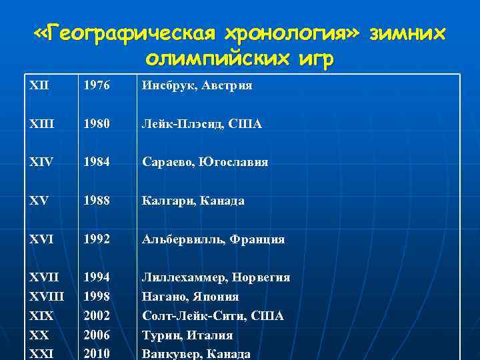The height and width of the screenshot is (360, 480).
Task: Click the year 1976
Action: (x=96, y=86)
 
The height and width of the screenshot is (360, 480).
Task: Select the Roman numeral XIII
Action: (x=41, y=124)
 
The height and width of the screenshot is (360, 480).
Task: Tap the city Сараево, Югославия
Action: (x=205, y=162)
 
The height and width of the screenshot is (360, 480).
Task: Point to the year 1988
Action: (x=96, y=200)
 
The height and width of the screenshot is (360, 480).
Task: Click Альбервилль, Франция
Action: (x=213, y=239)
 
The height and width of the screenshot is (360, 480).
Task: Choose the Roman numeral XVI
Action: (x=41, y=239)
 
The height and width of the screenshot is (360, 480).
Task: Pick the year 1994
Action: (x=96, y=277)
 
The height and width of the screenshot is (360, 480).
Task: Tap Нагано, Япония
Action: (x=190, y=296)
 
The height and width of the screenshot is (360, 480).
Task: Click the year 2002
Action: (x=96, y=315)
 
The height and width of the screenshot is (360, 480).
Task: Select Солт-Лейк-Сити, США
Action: (x=213, y=315)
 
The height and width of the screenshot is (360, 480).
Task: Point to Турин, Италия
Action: (x=187, y=335)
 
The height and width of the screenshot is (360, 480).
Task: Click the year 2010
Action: (x=96, y=354)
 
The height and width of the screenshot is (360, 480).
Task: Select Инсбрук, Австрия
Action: (x=197, y=86)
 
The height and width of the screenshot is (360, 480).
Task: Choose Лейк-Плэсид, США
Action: (x=201, y=124)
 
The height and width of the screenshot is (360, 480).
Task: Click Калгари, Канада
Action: (x=193, y=200)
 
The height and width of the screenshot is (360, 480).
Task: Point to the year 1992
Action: (x=96, y=239)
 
